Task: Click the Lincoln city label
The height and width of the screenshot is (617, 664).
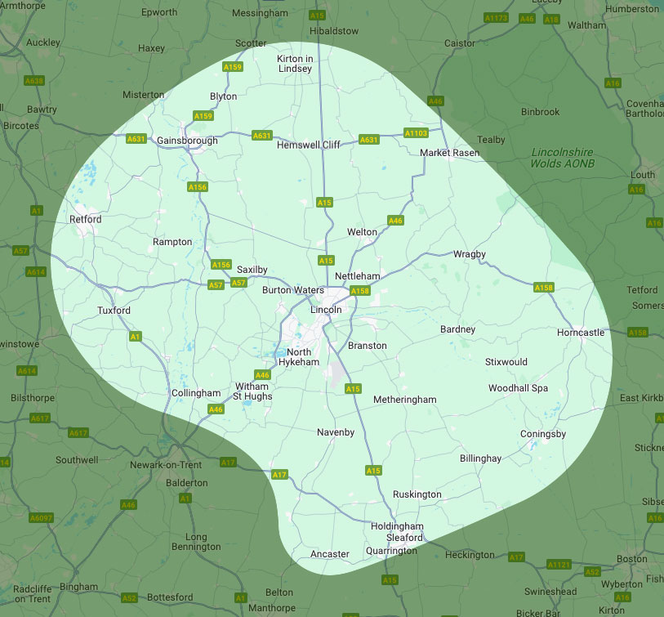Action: [x=326, y=310]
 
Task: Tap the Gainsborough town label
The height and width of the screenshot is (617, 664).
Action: [x=187, y=141]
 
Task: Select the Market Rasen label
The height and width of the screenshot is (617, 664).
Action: [x=448, y=153]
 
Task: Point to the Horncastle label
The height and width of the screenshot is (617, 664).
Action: [x=581, y=333]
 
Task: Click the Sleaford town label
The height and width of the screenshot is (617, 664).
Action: [x=405, y=538]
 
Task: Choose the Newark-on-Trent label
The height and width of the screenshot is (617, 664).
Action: [x=166, y=465]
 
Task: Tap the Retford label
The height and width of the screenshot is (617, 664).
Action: [x=86, y=219]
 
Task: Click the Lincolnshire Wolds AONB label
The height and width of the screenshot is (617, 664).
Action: [x=563, y=158]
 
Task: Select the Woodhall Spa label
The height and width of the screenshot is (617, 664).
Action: [x=519, y=388]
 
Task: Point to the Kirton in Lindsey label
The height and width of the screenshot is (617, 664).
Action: [x=295, y=64]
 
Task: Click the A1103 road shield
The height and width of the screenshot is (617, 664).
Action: [x=417, y=132]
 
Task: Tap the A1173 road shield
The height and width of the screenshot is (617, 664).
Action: [x=496, y=17]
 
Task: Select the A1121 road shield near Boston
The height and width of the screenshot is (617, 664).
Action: [x=559, y=564]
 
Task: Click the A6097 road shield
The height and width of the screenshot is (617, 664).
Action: [x=40, y=518]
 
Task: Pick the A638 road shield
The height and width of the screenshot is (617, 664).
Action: [x=33, y=81]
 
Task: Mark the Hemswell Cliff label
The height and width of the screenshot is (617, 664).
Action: [x=309, y=145]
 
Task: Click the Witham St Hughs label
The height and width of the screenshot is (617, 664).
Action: [x=253, y=391]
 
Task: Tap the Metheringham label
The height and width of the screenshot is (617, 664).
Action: [x=404, y=400]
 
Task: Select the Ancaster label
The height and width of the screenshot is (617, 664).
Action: [x=330, y=554]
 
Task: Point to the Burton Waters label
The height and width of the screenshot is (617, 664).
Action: [x=293, y=290]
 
